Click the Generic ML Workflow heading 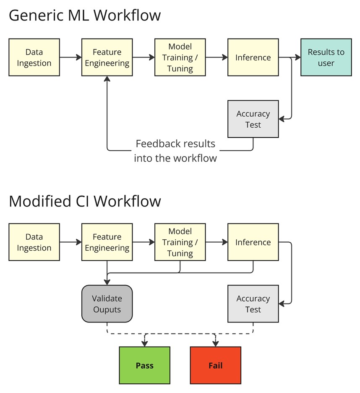coord(85,16)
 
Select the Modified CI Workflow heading coord(85,201)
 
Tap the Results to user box coord(326,58)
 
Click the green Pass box coord(144,365)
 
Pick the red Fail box coord(215,365)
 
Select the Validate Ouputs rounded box coord(107,304)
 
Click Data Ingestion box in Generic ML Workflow coord(34,58)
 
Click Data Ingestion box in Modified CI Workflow coord(34,242)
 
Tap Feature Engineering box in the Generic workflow coord(107,58)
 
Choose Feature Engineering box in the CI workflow coord(107,242)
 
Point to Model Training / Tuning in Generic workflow coord(180,58)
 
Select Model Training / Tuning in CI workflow coord(180,242)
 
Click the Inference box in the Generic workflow coord(253,58)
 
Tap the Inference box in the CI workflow coord(253,242)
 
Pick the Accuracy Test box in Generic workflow coord(253,119)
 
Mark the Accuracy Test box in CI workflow coord(253,304)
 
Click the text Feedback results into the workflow coord(175,151)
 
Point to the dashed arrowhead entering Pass coord(145,343)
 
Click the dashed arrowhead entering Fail coord(215,343)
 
